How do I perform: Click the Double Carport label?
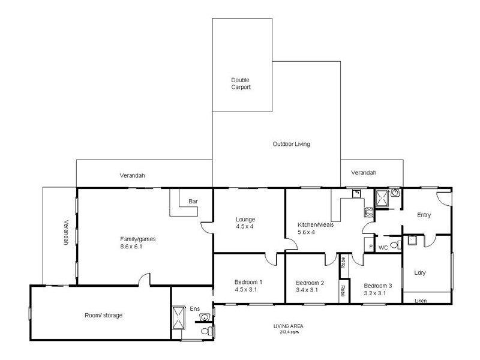point(241,83)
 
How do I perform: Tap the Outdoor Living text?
point(291,144)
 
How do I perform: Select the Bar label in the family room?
point(193,201)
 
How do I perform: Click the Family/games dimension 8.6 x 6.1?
point(137,246)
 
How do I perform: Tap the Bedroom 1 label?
point(248,282)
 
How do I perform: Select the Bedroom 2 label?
point(310,283)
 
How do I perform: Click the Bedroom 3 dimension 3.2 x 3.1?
point(377,294)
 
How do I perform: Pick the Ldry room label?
point(419,272)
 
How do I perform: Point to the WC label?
point(383,246)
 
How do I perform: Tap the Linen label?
point(422,301)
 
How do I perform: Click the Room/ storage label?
point(103,314)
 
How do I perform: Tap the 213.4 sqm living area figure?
point(293,331)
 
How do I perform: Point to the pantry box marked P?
point(369,246)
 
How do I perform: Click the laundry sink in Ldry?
point(412,241)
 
